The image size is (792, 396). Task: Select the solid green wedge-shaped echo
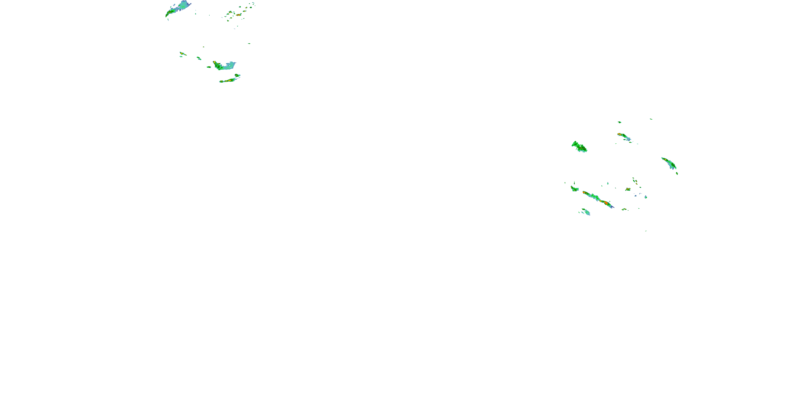(x=579, y=147)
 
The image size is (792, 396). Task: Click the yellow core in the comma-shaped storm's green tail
(x=170, y=12)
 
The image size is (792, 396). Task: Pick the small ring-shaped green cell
(x=251, y=7)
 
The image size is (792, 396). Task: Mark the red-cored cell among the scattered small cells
(x=238, y=15)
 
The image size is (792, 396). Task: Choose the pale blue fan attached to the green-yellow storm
(x=229, y=65)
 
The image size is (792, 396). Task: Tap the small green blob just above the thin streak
(x=237, y=75)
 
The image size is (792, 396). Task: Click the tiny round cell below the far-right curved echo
(x=677, y=173)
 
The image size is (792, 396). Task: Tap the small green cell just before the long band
(x=574, y=188)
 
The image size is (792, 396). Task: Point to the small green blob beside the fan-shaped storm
(x=209, y=67)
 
